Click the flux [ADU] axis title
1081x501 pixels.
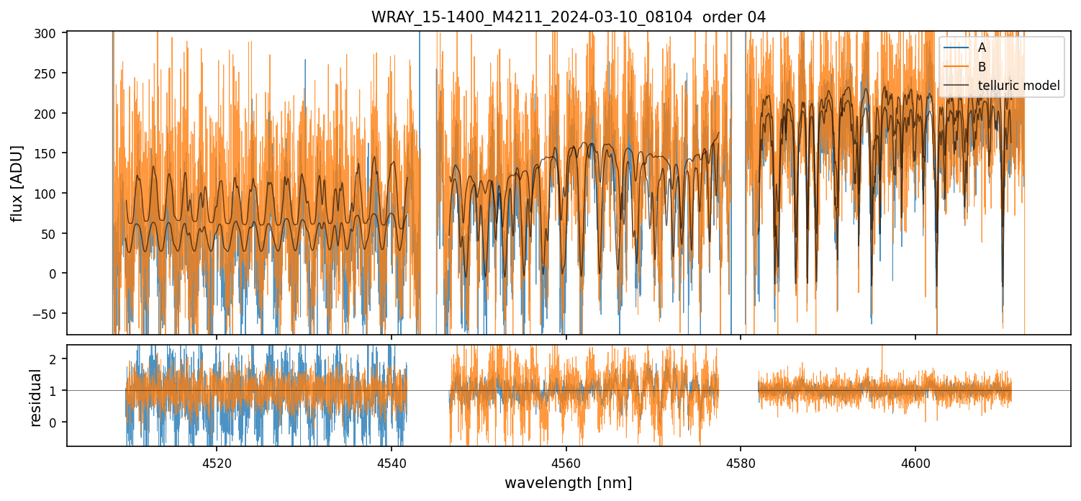[17, 183]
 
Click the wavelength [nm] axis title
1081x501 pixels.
[568, 482]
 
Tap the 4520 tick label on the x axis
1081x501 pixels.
[216, 461]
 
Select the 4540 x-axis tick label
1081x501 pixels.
[391, 461]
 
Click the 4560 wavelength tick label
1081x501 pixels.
[566, 461]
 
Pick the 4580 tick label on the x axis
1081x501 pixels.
[741, 461]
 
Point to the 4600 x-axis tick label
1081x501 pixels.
[915, 461]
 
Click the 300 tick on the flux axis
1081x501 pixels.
[52, 33]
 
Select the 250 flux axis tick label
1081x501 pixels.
[52, 73]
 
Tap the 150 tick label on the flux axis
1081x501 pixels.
[52, 153]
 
